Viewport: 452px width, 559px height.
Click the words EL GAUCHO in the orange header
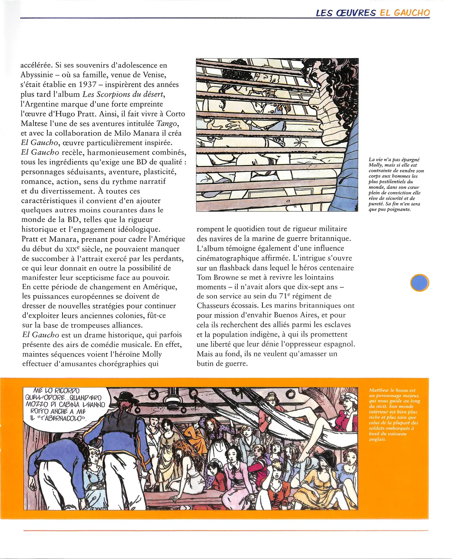(405, 13)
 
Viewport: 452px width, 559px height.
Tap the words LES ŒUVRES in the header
(346, 13)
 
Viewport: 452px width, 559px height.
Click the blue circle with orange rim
(420, 283)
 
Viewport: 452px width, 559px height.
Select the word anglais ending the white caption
(377, 439)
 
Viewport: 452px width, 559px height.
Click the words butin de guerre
(222, 363)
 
